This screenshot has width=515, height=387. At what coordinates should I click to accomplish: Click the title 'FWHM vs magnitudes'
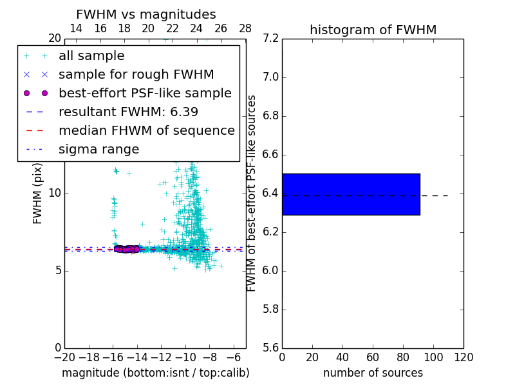click(146, 15)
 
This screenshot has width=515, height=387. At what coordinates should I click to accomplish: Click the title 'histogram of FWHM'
click(373, 30)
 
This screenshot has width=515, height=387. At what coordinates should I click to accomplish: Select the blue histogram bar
click(351, 194)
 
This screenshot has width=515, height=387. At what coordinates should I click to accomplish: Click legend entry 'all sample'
click(91, 56)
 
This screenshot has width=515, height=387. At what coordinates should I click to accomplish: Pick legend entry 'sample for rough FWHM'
click(136, 75)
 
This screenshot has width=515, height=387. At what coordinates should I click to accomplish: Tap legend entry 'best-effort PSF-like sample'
click(145, 94)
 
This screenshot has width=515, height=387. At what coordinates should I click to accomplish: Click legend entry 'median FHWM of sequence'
click(146, 131)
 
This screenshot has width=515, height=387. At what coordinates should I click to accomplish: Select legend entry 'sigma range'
click(98, 150)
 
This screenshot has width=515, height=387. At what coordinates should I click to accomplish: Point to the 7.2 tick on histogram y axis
click(271, 39)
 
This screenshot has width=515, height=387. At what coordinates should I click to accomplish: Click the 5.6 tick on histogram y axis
click(271, 348)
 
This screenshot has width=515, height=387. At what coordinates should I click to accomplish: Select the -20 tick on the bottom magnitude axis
click(64, 357)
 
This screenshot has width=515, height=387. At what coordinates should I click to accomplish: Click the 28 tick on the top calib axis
click(245, 28)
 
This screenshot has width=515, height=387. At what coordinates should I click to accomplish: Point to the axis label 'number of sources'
click(373, 373)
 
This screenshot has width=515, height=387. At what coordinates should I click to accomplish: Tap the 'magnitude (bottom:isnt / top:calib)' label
click(155, 373)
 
